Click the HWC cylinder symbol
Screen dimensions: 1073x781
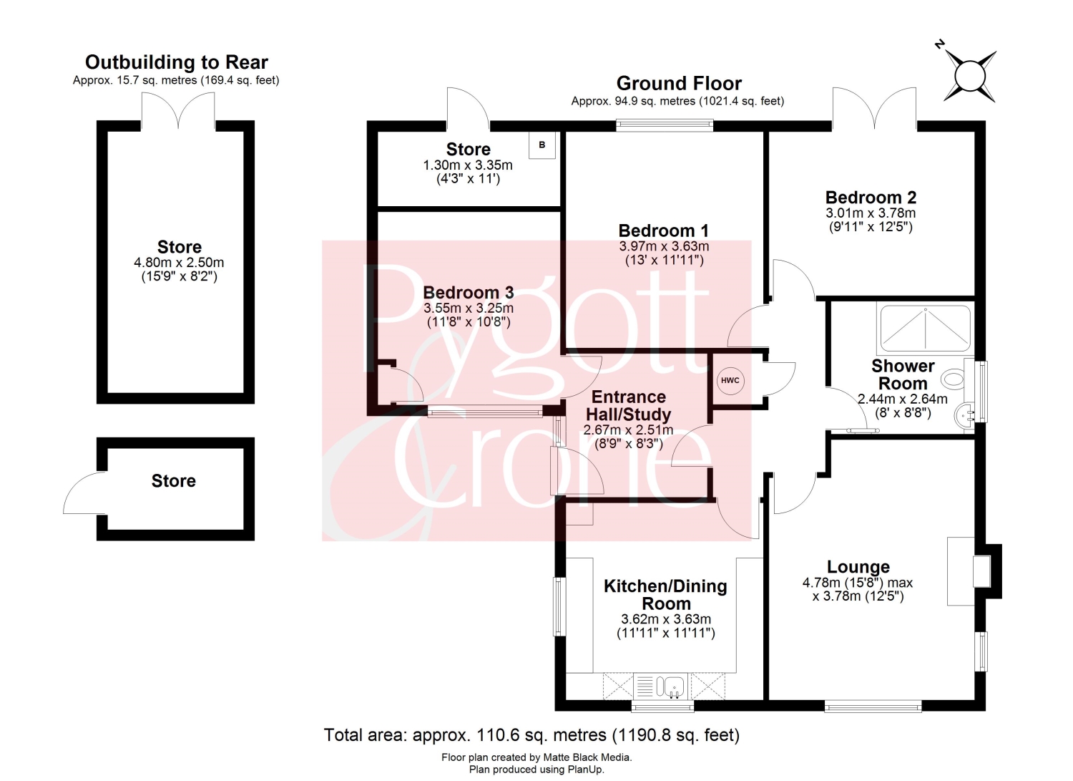(x=730, y=381)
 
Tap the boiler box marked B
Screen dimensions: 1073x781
(x=542, y=145)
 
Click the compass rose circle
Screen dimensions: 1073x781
(x=969, y=76)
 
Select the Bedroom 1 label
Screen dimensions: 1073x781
(x=663, y=231)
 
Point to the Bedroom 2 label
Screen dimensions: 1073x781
(x=871, y=197)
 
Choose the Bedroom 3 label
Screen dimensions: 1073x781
(x=469, y=292)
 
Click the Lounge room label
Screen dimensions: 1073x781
(x=858, y=567)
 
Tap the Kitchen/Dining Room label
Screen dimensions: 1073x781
(x=665, y=594)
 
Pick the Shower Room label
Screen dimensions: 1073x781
(x=903, y=374)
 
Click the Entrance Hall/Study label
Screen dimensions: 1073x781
(x=629, y=405)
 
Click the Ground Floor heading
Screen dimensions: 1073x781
(x=679, y=84)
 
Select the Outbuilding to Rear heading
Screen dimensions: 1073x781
(x=176, y=62)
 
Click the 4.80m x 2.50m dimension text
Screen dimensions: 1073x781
(x=179, y=262)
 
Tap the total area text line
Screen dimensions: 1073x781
(x=531, y=734)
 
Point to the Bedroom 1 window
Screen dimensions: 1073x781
(x=664, y=125)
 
